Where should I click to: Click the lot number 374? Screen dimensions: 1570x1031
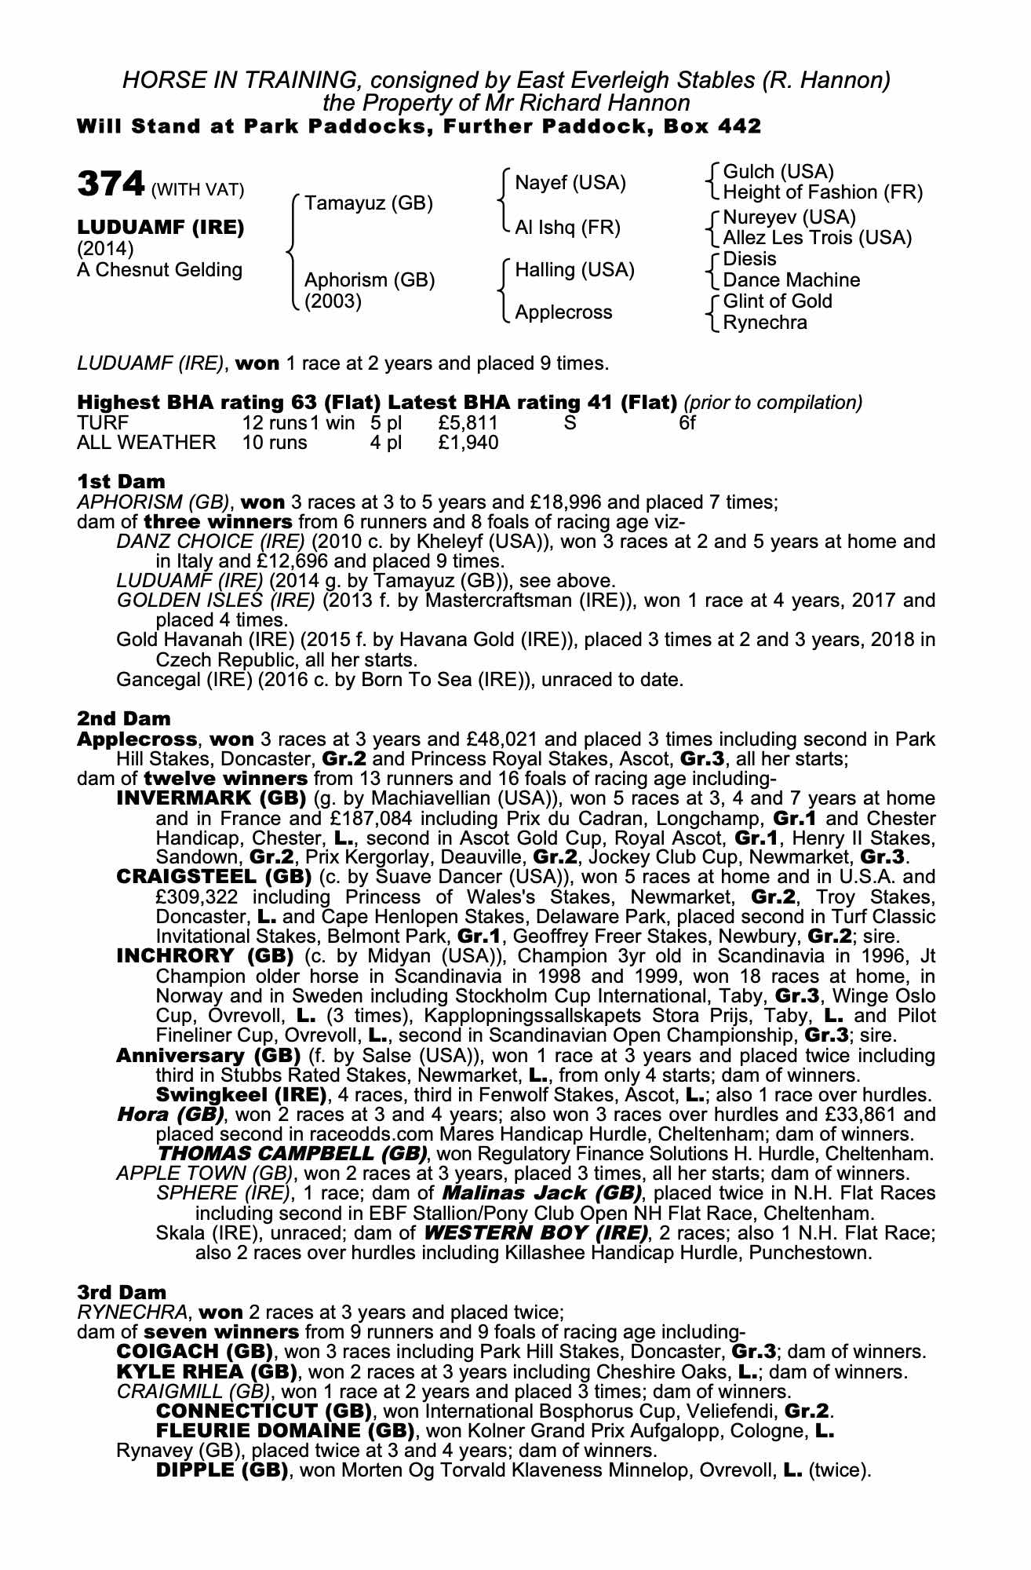point(111,185)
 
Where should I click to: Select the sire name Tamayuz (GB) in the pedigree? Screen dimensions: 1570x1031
point(369,204)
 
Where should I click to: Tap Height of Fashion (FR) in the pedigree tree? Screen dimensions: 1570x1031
point(822,192)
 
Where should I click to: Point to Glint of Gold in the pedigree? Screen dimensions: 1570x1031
point(777,301)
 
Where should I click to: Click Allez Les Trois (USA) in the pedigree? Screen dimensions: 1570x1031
point(817,237)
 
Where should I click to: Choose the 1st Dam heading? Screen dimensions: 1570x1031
point(121,480)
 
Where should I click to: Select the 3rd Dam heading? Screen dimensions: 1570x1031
point(122,1292)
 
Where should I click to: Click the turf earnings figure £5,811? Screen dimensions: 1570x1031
point(468,423)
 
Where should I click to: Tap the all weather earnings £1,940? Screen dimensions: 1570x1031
point(468,443)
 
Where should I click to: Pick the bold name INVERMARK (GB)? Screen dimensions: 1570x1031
point(210,799)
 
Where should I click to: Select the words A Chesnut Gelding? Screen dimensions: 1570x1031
point(160,270)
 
